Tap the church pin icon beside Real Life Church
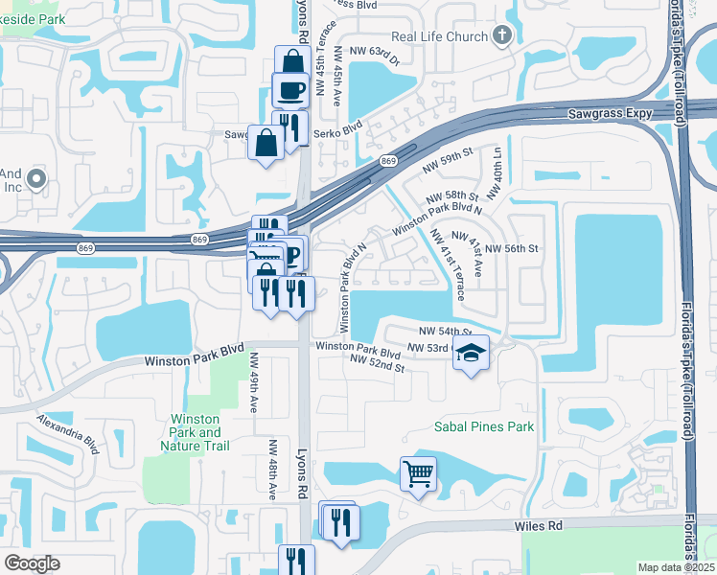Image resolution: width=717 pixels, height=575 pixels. click(502, 35)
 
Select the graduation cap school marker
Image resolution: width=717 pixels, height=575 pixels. click(471, 354)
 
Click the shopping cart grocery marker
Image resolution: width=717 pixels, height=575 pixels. click(418, 473)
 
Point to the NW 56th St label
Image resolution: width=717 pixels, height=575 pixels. click(513, 248)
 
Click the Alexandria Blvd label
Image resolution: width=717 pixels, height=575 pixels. click(68, 433)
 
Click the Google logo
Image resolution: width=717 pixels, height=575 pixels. click(33, 563)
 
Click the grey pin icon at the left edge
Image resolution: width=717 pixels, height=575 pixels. click(36, 178)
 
